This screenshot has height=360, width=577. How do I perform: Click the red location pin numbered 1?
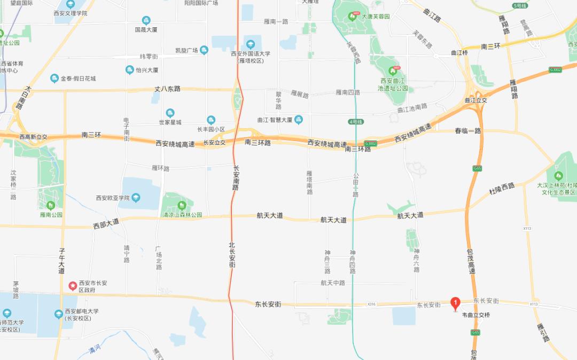pyautogui.click(x=455, y=303)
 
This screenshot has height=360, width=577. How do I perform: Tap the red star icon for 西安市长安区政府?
pyautogui.click(x=72, y=286)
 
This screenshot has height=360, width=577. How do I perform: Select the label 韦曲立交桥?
pyautogui.click(x=475, y=315)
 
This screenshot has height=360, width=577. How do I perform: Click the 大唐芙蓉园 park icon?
pyautogui.click(x=352, y=17)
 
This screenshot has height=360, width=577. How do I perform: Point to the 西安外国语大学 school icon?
pyautogui.click(x=251, y=44)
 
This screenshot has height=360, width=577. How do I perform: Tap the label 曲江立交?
pyautogui.click(x=476, y=100)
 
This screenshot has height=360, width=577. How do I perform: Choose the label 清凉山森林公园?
pyautogui.click(x=182, y=215)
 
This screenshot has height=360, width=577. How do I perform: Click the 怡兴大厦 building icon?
pyautogui.click(x=129, y=70)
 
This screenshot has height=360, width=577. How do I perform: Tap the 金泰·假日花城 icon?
pyautogui.click(x=54, y=79)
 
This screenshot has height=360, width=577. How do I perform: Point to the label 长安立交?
pyautogui.click(x=214, y=143)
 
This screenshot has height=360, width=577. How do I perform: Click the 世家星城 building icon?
pyautogui.click(x=170, y=113)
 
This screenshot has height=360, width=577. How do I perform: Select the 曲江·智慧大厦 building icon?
pyautogui.click(x=299, y=119)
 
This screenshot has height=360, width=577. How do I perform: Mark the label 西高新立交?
pyautogui.click(x=33, y=137)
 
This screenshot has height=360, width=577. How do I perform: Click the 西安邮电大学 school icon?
pyautogui.click(x=58, y=314)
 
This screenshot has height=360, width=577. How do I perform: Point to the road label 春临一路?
pyautogui.click(x=468, y=130)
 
